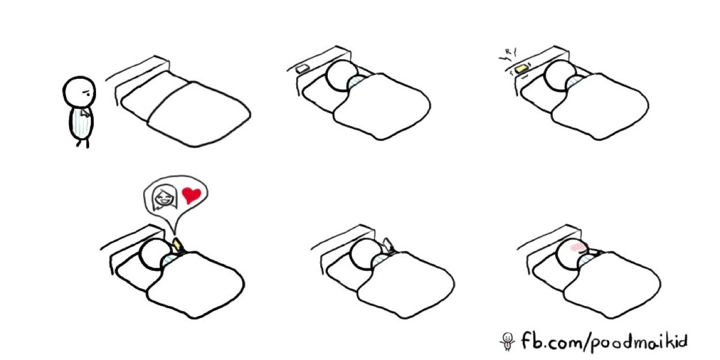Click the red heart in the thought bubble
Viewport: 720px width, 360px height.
[192, 195]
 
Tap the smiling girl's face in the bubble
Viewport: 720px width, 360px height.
[165, 197]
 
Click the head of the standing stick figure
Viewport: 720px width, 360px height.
[79, 92]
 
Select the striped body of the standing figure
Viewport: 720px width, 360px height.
[81, 124]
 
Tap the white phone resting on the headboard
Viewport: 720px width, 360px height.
[302, 68]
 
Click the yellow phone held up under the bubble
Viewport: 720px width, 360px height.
[177, 244]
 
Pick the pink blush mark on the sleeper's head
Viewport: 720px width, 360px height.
[576, 247]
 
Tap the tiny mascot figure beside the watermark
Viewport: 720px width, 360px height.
[508, 342]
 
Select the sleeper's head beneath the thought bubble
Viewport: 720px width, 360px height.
[156, 255]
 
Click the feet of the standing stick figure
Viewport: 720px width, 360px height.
[83, 143]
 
